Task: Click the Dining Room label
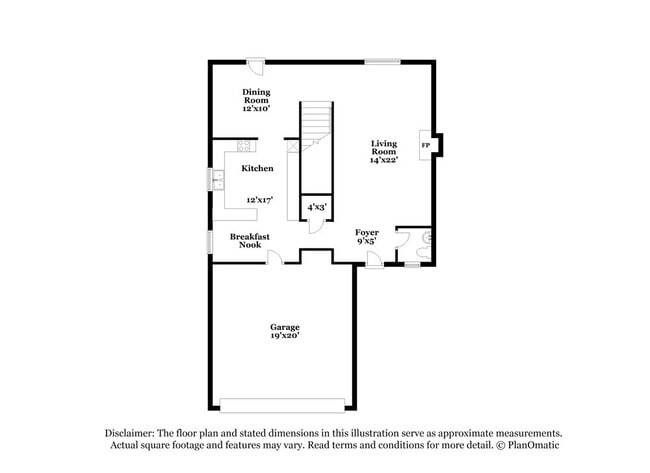[x=256, y=96]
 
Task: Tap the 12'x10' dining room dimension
[x=256, y=108]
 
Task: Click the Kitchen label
[x=257, y=168]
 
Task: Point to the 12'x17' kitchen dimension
[x=260, y=200]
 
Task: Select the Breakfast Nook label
[x=249, y=240]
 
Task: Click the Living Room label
[x=384, y=147]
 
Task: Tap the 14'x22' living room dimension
[x=384, y=160]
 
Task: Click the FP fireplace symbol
[x=426, y=146]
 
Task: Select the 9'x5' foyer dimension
[x=367, y=241]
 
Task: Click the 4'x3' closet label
[x=316, y=207]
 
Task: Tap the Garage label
[x=284, y=326]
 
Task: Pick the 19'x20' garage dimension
[x=284, y=337]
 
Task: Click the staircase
[x=316, y=125]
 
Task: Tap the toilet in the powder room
[x=426, y=239]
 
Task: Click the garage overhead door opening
[x=283, y=405]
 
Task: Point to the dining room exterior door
[x=256, y=67]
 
